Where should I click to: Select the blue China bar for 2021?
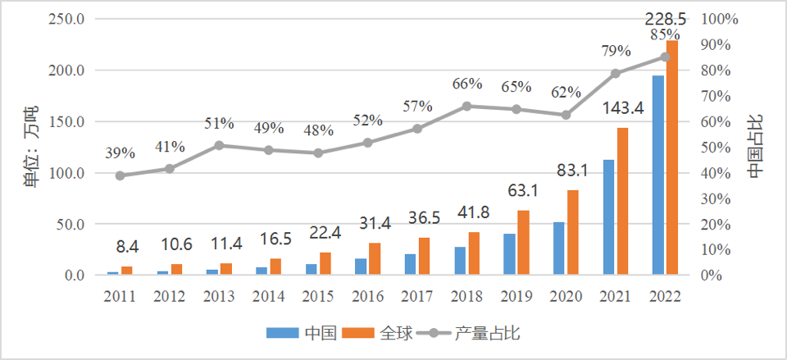click(x=608, y=217)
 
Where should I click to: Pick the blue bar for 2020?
click(x=559, y=248)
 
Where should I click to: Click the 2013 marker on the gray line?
click(x=219, y=145)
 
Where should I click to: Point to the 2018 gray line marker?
click(x=466, y=106)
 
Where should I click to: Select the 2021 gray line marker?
click(x=616, y=73)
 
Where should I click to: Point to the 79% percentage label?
click(x=615, y=51)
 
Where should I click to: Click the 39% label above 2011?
click(x=120, y=153)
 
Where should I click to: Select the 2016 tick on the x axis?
click(x=367, y=294)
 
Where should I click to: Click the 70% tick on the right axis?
click(x=721, y=96)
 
